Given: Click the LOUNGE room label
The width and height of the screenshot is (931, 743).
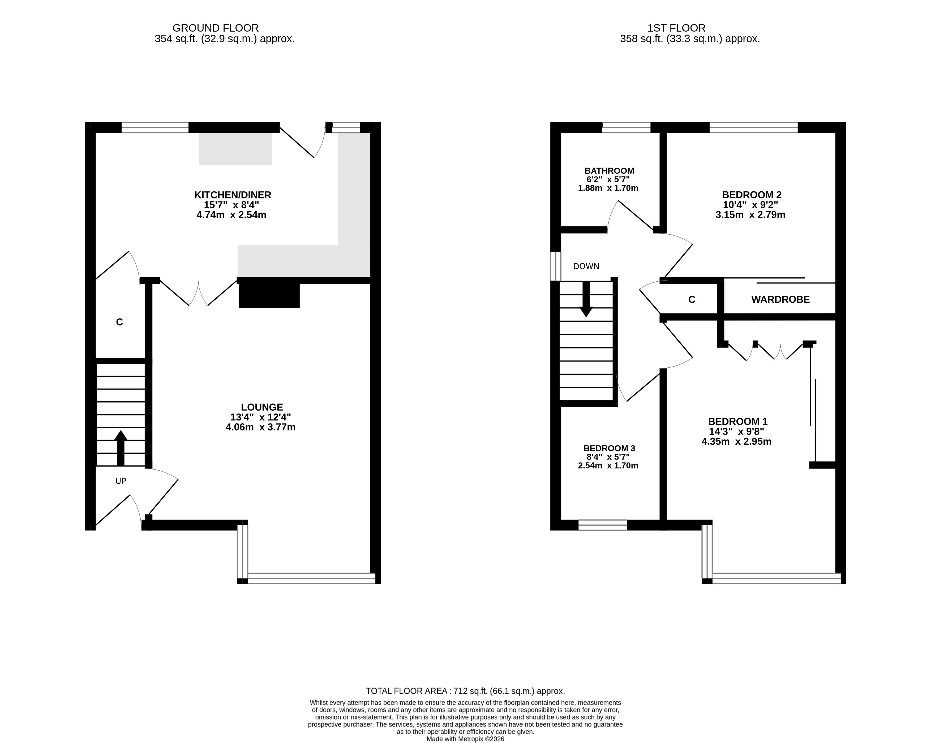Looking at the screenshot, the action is [x=262, y=407].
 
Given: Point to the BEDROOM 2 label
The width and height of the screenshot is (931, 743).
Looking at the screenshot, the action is [x=752, y=195].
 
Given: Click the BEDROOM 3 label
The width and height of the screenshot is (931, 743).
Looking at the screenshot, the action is [x=609, y=449].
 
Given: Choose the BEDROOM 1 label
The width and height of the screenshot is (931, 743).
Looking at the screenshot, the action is [x=738, y=421].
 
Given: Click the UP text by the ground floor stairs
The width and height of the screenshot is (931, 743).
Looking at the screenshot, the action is [x=121, y=481].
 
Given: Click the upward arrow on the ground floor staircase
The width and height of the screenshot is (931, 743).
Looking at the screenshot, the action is [x=121, y=448].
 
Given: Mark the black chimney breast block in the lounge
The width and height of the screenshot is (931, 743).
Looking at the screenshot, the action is [x=269, y=296].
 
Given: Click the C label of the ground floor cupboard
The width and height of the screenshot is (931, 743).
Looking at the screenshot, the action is [x=120, y=322].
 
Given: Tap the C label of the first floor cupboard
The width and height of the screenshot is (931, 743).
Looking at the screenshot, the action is [x=692, y=300].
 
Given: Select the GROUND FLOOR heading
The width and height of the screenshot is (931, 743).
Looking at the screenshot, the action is [x=216, y=28].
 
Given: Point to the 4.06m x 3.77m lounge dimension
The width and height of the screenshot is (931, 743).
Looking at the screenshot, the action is [x=260, y=427].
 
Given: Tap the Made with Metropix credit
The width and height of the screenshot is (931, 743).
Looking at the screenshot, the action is [x=466, y=739].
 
